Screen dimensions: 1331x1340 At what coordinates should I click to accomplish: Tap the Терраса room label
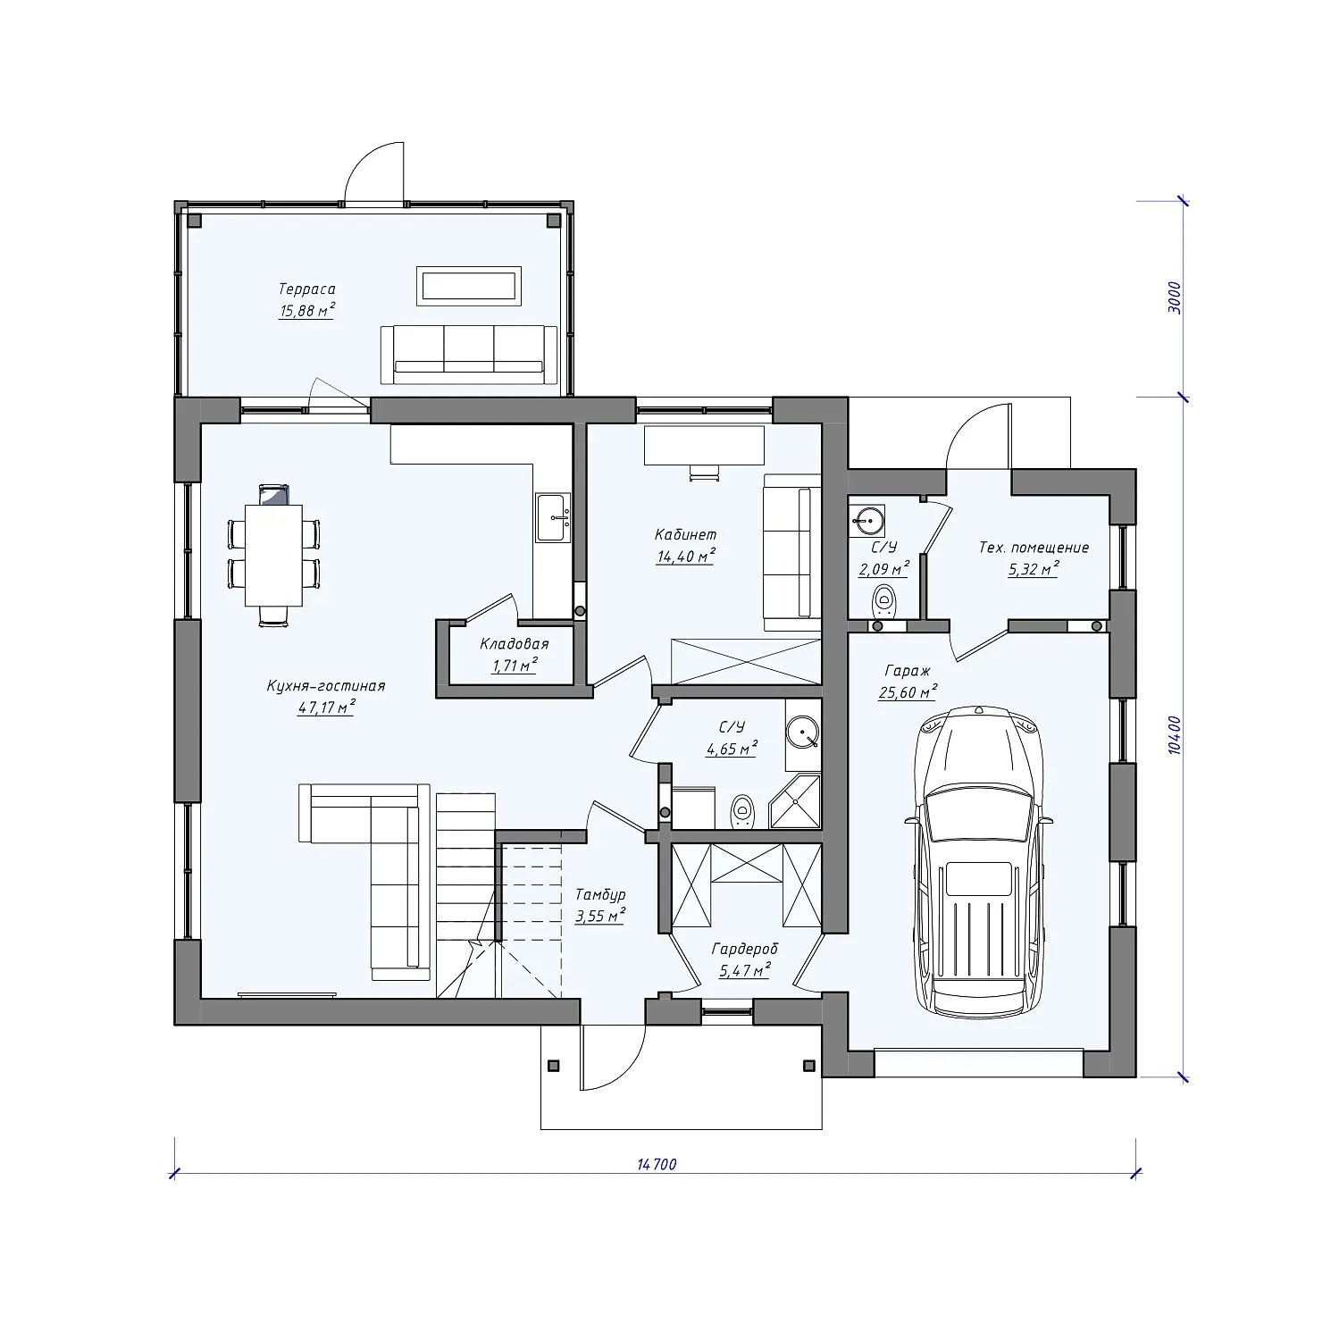pyautogui.click(x=306, y=289)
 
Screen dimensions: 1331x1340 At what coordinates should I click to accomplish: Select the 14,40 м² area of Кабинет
pyautogui.click(x=686, y=555)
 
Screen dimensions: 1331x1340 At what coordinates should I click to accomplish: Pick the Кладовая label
pyautogui.click(x=514, y=644)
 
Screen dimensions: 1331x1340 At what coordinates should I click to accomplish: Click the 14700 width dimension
pyautogui.click(x=657, y=1164)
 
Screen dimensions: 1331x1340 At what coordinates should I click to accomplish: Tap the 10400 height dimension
pyautogui.click(x=1175, y=735)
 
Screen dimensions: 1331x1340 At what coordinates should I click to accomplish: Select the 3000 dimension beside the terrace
pyautogui.click(x=1175, y=297)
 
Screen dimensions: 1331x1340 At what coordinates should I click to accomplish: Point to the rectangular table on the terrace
pyautogui.click(x=469, y=285)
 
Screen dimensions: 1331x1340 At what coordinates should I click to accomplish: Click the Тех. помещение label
pyautogui.click(x=1034, y=548)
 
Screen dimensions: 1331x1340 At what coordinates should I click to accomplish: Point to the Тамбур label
pyautogui.click(x=600, y=894)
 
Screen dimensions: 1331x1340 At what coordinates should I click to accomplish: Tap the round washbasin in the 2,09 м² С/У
pyautogui.click(x=867, y=518)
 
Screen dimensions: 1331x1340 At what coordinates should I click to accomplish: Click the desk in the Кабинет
pyautogui.click(x=704, y=445)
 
